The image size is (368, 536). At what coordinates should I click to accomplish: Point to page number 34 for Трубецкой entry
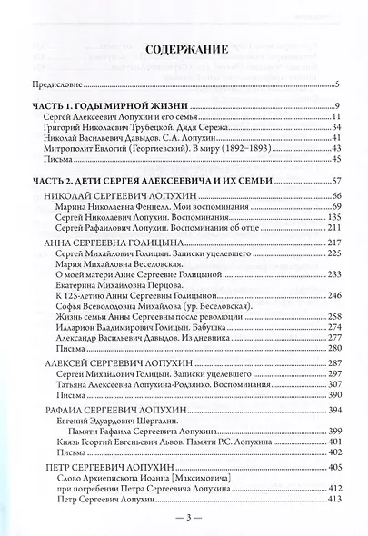[x=334, y=128]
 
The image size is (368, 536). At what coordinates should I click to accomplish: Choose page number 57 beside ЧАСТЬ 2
[x=334, y=182]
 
